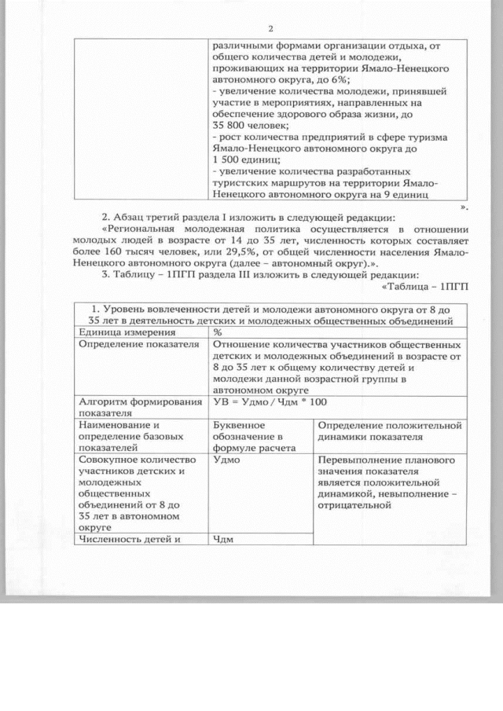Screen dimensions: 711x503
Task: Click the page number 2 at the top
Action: tap(270, 29)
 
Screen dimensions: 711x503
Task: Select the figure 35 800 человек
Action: tap(251, 125)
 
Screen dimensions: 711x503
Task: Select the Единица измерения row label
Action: tap(121, 332)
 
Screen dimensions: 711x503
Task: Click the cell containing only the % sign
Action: tap(218, 332)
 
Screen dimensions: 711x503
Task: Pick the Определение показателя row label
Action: tap(130, 344)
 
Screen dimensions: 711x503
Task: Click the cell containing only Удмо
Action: tap(227, 460)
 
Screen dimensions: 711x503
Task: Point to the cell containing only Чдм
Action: tap(225, 538)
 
